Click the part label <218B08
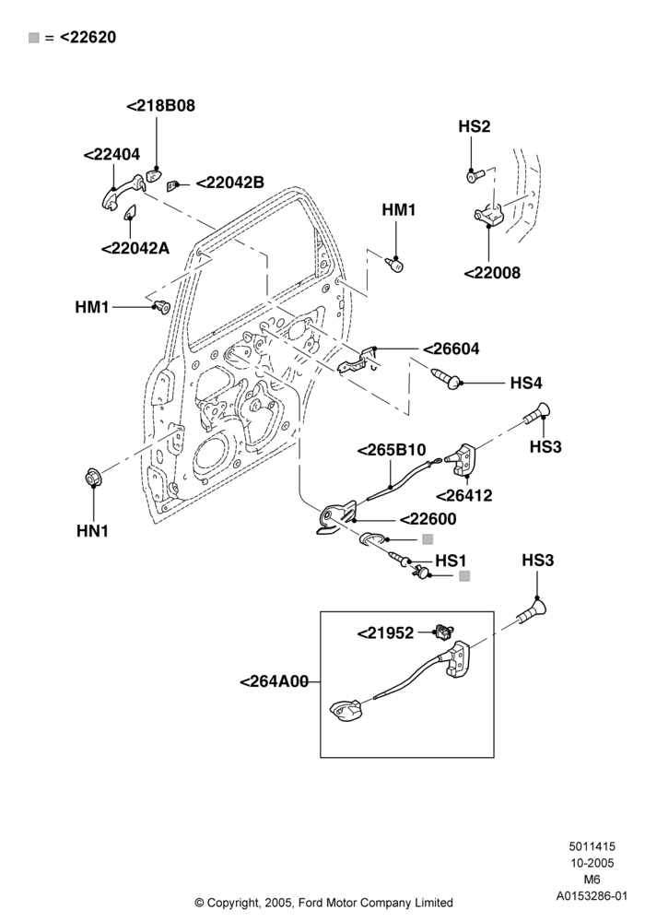tap(161, 106)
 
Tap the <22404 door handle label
tap(111, 155)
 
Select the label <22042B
tap(229, 183)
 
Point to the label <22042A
tap(135, 248)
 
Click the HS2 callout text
tap(474, 126)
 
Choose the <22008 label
tap(492, 273)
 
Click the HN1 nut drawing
tap(93, 477)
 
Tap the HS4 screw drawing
tap(445, 377)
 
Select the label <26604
tap(451, 349)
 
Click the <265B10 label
tap(392, 451)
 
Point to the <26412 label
tap(464, 496)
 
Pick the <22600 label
tap(428, 519)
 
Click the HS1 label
tap(451, 561)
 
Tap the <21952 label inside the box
tap(386, 633)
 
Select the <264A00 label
tap(275, 682)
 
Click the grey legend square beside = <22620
tap(34, 38)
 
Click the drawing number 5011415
tap(592, 846)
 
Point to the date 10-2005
tap(592, 863)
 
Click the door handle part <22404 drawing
tap(121, 193)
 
